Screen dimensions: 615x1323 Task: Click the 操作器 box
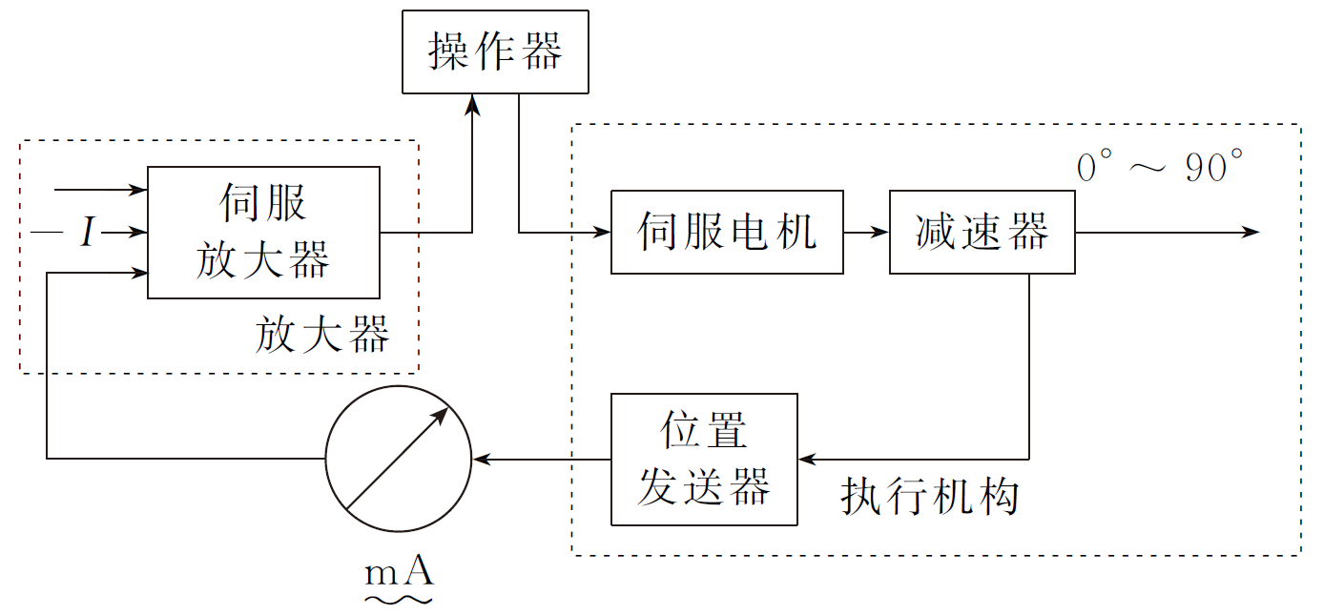495,52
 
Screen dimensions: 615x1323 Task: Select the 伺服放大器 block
263,232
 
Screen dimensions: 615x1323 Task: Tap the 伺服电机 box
727,232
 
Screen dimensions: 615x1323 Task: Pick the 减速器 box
982,232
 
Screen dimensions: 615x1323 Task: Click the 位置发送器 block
704,459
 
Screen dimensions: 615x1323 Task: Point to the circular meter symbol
399,459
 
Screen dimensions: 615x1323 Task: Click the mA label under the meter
399,572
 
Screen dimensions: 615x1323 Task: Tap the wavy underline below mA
399,599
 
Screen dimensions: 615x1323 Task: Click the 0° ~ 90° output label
1160,169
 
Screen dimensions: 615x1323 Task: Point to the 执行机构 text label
929,497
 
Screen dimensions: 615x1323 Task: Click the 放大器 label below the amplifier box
322,336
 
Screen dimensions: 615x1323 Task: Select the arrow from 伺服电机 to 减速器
866,232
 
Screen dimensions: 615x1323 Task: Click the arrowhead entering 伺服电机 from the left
602,232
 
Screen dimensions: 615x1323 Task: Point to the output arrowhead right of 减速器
1251,232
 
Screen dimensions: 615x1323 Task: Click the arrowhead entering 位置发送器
808,459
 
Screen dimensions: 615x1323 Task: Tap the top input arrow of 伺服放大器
100,190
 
